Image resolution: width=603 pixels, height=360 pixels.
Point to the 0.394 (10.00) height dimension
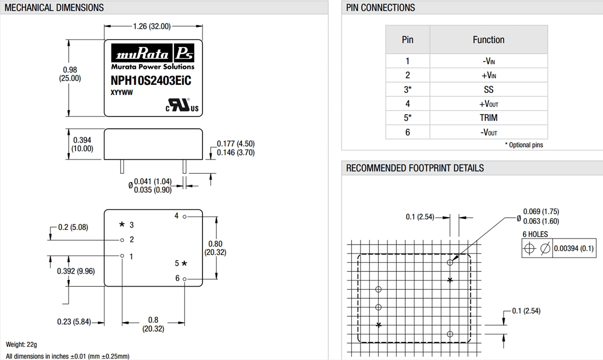tap(82, 144)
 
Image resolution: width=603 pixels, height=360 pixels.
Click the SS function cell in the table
tap(489, 90)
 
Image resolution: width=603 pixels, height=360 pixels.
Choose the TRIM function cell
tap(489, 118)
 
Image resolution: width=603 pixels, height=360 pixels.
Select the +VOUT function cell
tap(489, 104)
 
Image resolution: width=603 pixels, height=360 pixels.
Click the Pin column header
tap(407, 40)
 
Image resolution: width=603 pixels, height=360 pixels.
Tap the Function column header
tap(489, 40)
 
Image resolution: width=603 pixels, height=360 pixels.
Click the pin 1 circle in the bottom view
tap(122, 256)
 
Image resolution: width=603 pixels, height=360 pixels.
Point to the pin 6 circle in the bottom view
tap(185, 279)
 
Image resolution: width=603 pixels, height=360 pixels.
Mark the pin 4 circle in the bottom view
tap(185, 216)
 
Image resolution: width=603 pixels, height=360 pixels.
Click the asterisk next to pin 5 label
tap(184, 263)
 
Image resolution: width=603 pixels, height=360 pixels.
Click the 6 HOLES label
tap(536, 234)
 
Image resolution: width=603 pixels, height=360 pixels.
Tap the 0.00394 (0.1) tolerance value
tap(574, 248)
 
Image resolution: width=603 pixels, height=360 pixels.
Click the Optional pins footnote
tap(524, 145)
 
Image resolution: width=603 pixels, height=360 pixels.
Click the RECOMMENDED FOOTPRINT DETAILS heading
tap(415, 168)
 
